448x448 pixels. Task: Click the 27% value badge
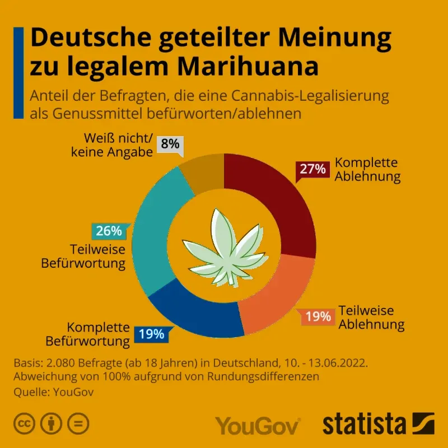point(313,169)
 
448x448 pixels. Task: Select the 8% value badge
point(170,144)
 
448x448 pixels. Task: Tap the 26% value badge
point(109,231)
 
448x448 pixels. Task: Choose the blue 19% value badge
point(151,335)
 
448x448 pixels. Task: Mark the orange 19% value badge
point(318,317)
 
